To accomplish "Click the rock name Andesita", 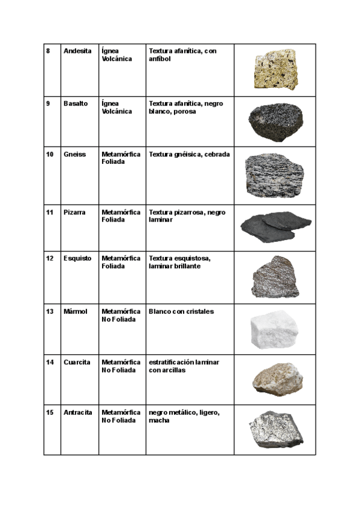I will [77, 51].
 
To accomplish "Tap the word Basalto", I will [76, 103].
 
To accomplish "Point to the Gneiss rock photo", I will [275, 174].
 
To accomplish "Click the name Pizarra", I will [74, 212].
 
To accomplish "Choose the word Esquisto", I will [77, 258].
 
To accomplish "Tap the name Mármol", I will [76, 312].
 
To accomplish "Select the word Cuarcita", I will [77, 363].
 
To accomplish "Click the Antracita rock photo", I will [275, 430].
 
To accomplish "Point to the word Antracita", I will [78, 412].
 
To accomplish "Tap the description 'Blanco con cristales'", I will [181, 312].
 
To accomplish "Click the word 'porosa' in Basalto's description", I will [184, 111].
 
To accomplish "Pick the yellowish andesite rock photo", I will [275, 70].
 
